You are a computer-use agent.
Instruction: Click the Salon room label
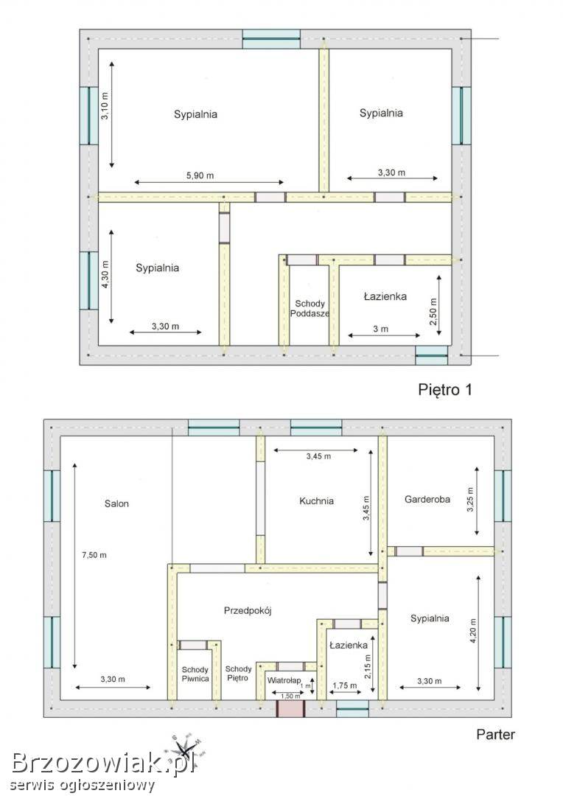pos(116,503)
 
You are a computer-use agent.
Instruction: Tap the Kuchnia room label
pos(316,501)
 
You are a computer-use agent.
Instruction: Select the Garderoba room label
pos(427,499)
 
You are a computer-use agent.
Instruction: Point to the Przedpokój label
pos(248,610)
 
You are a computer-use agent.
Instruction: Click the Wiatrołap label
pos(284,680)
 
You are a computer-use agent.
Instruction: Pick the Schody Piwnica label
pos(195,674)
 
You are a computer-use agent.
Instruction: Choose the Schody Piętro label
pos(238,674)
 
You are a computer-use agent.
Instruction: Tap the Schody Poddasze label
pos(310,308)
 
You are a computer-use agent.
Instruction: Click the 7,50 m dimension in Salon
pos(94,555)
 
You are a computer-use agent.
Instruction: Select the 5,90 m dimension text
pos(200,175)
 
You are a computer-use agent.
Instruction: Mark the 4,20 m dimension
pos(473,631)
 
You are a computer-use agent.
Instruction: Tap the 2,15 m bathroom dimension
pos(368,666)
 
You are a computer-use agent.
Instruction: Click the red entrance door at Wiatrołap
pos(290,709)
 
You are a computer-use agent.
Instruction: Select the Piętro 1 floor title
pos(445,389)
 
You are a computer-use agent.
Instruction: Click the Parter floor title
pos(495,735)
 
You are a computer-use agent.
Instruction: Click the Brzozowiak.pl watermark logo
pos(103,763)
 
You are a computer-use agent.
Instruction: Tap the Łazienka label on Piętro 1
pos(385,296)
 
